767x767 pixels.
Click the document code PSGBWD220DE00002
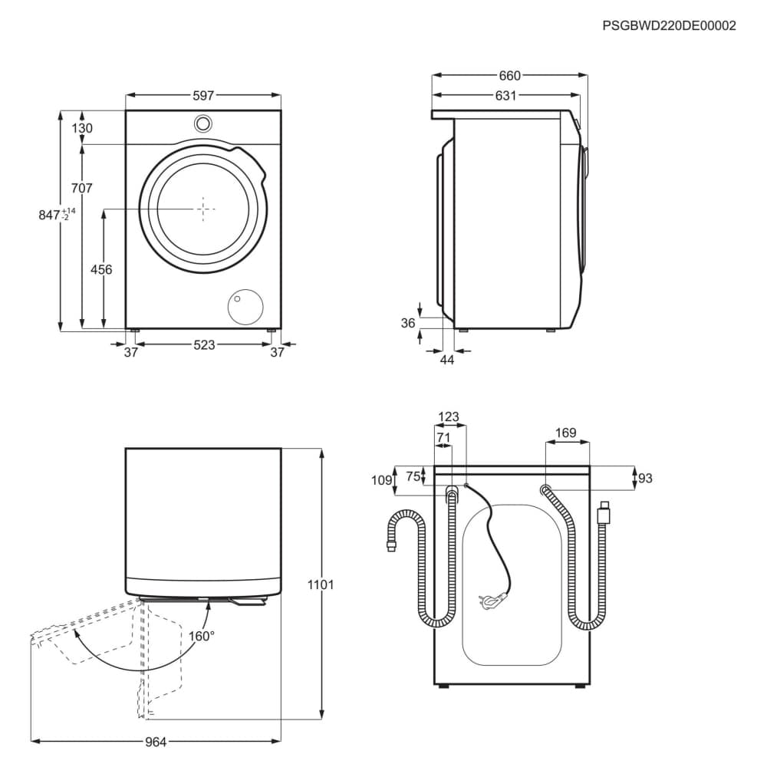(x=669, y=25)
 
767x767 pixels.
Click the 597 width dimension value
(x=203, y=95)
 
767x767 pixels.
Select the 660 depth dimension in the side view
(x=509, y=75)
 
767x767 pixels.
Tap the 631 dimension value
(x=505, y=96)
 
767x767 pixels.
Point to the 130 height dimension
(x=82, y=128)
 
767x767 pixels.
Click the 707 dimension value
(x=82, y=188)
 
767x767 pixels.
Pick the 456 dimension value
(x=101, y=269)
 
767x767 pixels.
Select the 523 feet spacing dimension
(x=203, y=345)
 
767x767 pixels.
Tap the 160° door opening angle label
(x=202, y=636)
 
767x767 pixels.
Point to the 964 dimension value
(x=156, y=742)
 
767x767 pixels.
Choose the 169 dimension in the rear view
(x=566, y=433)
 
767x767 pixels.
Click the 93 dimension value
(x=644, y=479)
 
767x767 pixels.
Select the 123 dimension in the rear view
(x=449, y=417)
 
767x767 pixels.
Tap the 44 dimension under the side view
(x=447, y=359)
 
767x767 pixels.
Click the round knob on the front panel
(x=203, y=123)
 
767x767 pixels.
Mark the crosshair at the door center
(x=203, y=208)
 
